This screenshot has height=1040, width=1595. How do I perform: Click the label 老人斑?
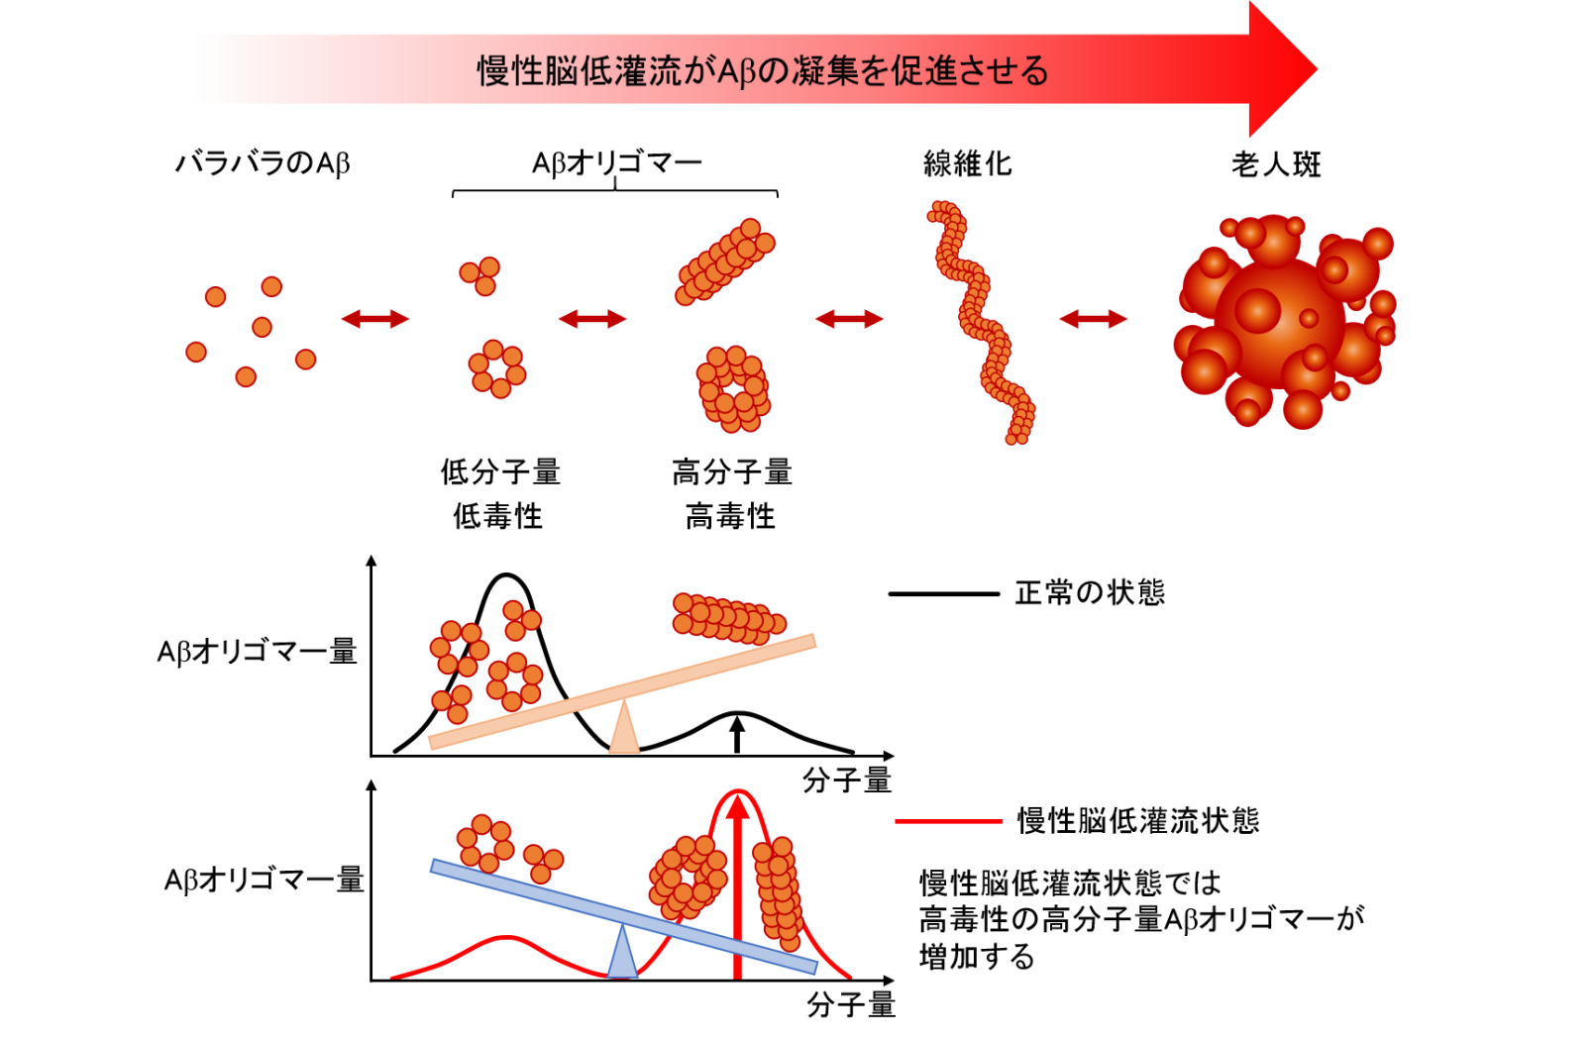click(x=1276, y=164)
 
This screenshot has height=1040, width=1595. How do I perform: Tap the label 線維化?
click(x=967, y=163)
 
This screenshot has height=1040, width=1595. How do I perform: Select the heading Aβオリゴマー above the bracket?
click(x=616, y=163)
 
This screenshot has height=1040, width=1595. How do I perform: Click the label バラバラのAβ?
click(x=263, y=163)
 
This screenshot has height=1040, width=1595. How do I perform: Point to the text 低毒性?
click(x=497, y=516)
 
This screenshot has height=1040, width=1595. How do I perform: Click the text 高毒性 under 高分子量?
click(x=730, y=516)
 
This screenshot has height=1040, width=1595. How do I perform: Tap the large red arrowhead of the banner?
click(x=1283, y=69)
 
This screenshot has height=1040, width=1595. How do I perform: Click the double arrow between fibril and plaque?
click(x=1093, y=319)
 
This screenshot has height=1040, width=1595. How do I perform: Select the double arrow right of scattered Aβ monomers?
click(x=375, y=319)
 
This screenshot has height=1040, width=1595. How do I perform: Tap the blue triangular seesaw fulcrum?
click(x=622, y=954)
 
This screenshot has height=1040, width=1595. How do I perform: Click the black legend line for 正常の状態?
click(x=944, y=593)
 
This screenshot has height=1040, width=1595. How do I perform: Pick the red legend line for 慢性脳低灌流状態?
click(x=948, y=821)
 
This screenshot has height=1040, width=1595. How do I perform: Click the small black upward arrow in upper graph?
click(x=738, y=735)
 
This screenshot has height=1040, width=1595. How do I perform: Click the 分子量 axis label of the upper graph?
click(x=847, y=780)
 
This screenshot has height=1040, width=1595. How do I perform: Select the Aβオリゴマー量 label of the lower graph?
click(x=265, y=881)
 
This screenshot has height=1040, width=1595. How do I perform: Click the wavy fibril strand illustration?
click(x=982, y=322)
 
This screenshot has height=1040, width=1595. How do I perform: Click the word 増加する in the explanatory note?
click(x=977, y=957)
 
